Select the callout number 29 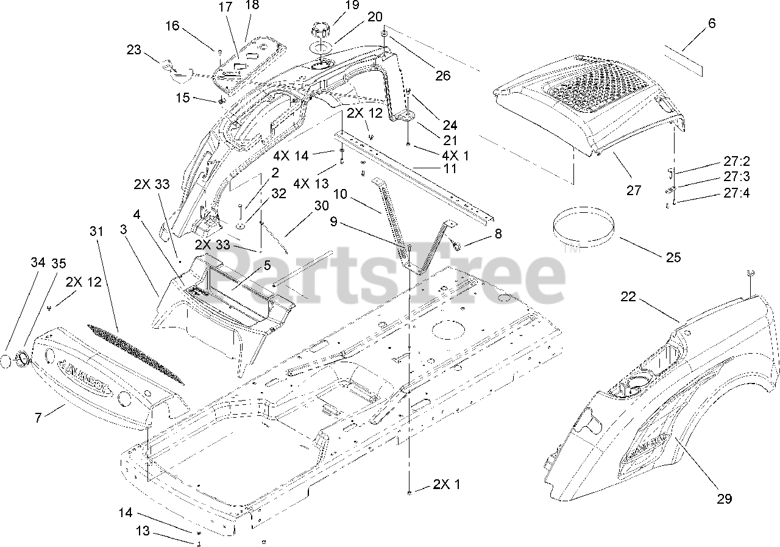pyautogui.click(x=724, y=498)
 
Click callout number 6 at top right pyautogui.click(x=712, y=24)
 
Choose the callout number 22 pyautogui.click(x=628, y=296)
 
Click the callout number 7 pyautogui.click(x=38, y=419)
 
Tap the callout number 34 pyautogui.click(x=38, y=263)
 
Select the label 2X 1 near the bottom pyautogui.click(x=447, y=485)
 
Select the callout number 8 pyautogui.click(x=498, y=233)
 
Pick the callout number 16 pyautogui.click(x=172, y=25)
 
